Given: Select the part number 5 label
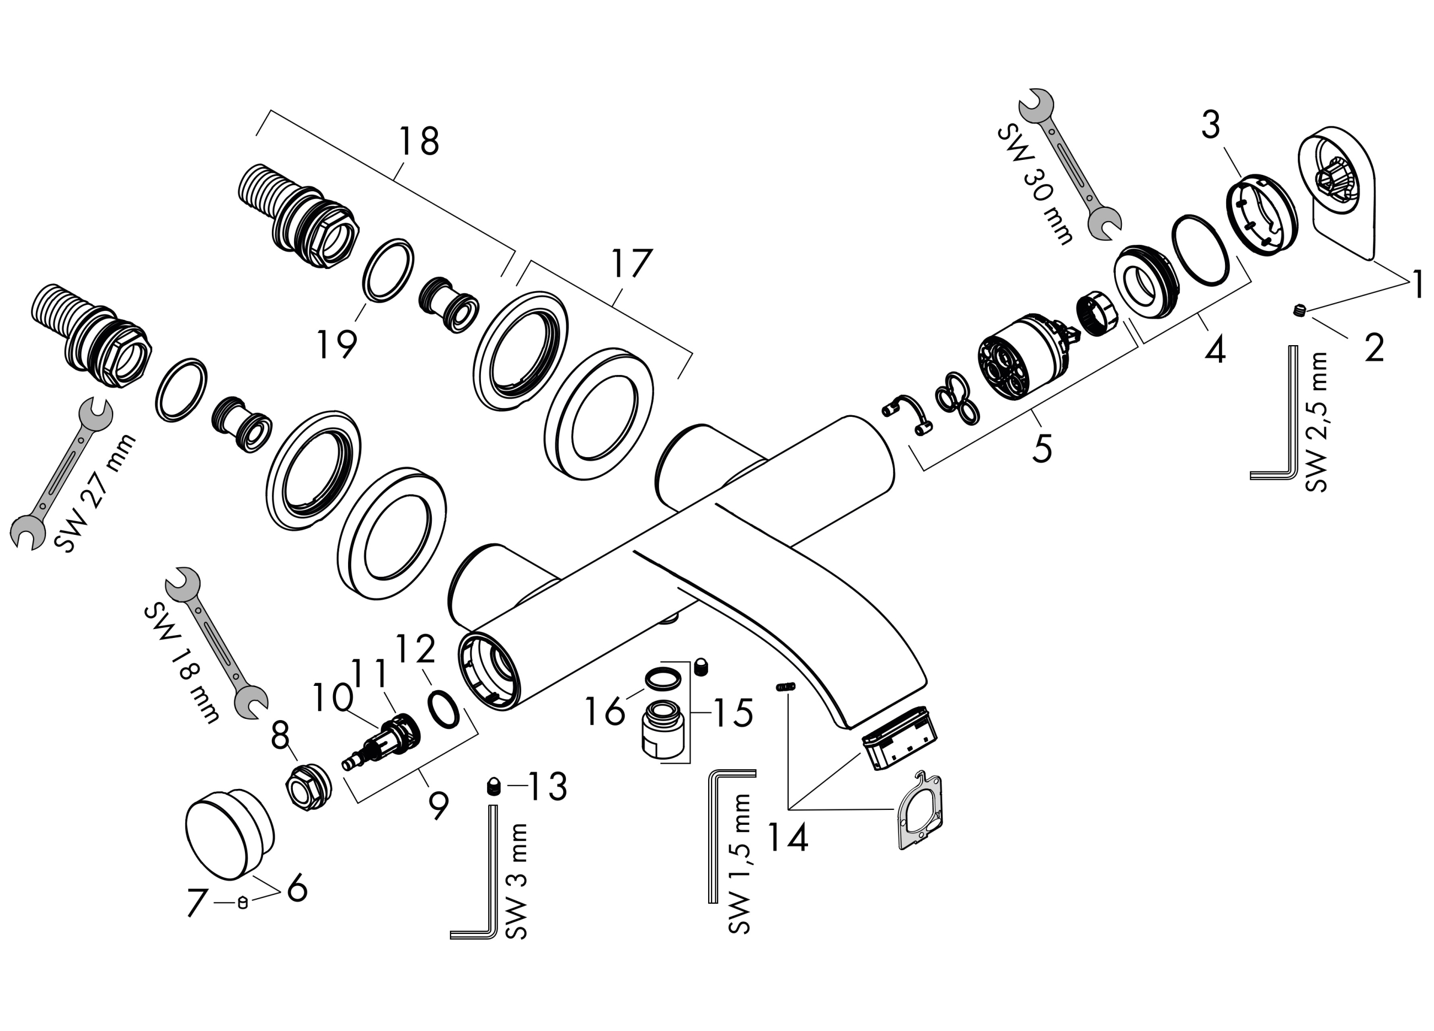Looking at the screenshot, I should pos(1042,448).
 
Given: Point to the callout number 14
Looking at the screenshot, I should pos(788,839).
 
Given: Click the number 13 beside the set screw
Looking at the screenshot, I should pos(548,786).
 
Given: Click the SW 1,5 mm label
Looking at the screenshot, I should pos(740,863).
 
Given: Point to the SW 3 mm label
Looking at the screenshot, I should pos(517,881).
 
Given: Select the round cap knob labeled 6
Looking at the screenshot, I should pos(229,833).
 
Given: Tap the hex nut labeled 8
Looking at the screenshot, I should pos(307,786).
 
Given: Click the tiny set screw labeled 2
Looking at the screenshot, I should pos(1299,310).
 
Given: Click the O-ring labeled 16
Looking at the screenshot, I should pos(662,678).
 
